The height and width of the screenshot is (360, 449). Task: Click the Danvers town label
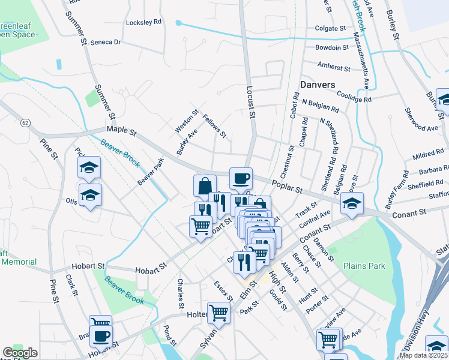[x=318, y=85]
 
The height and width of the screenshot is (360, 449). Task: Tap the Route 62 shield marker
[x=25, y=122]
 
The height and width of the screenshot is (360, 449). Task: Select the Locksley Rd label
[x=144, y=22]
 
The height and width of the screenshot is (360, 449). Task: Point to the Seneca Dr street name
[x=106, y=43]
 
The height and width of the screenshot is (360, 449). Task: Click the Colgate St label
[x=331, y=28]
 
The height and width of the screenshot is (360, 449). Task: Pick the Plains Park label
[x=364, y=265]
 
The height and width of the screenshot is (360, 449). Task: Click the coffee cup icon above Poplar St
[x=241, y=178]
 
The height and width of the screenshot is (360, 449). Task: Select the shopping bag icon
[x=205, y=185]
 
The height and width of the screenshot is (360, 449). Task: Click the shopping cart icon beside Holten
[x=218, y=312]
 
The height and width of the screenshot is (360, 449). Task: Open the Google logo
[x=20, y=353]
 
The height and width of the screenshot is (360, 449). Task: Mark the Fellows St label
[x=215, y=126]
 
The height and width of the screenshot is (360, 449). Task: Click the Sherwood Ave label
[x=421, y=120]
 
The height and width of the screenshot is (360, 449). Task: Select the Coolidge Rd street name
[x=354, y=96]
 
